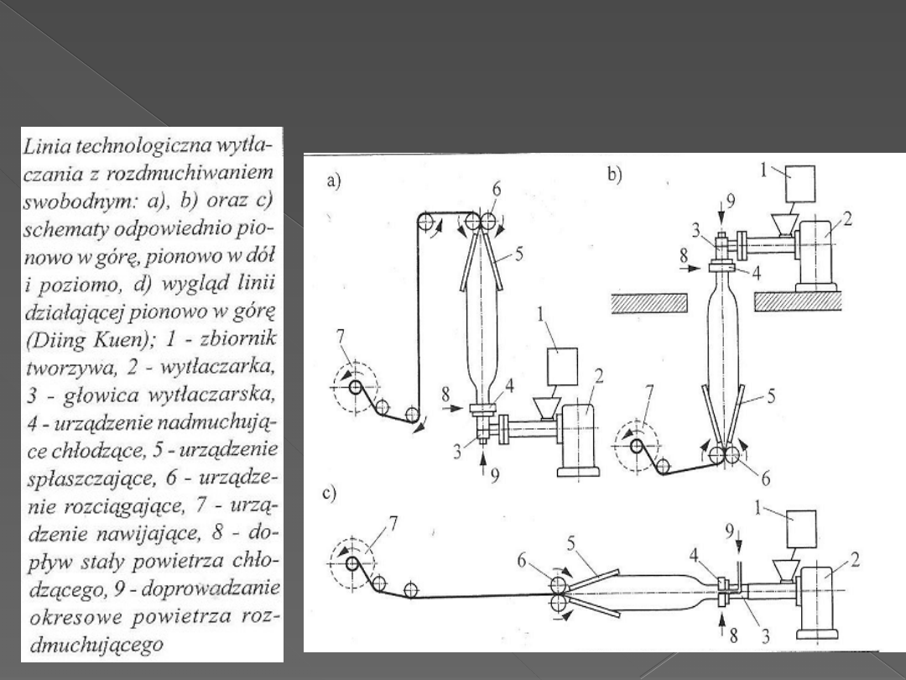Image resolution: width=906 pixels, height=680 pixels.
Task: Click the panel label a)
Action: [334, 181]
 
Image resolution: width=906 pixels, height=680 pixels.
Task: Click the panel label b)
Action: [615, 175]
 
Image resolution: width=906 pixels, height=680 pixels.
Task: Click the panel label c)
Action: [330, 494]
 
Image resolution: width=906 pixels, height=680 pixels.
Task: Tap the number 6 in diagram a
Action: [496, 190]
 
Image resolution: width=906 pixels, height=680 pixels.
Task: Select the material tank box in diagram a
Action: [562, 367]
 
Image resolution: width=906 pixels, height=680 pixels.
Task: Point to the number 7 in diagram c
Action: [393, 523]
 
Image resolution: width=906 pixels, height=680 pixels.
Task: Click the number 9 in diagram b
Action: [731, 201]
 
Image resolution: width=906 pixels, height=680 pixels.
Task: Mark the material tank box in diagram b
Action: [799, 184]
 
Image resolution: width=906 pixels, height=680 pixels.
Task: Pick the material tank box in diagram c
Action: [801, 529]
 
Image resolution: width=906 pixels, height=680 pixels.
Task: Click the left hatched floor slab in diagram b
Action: [648, 303]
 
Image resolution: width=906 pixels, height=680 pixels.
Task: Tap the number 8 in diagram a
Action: [445, 395]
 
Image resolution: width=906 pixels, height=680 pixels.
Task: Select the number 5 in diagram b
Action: [771, 396]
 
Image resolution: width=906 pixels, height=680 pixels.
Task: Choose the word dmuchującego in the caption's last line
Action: [96, 645]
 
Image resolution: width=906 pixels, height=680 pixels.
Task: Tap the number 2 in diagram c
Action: [855, 559]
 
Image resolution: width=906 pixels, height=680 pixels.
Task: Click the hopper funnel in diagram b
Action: [786, 225]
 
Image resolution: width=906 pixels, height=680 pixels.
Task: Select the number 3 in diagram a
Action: [457, 452]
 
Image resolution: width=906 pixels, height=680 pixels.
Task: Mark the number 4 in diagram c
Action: [694, 556]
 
